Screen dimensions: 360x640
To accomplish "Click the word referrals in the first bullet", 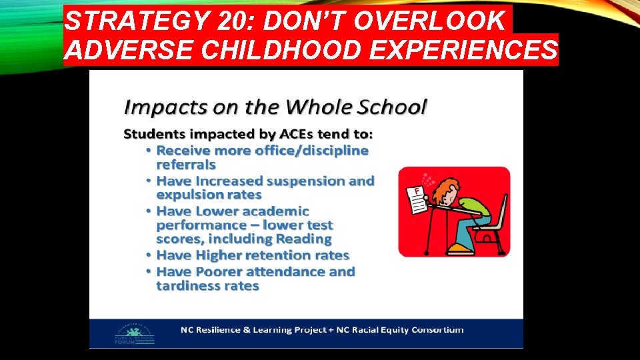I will (x=186, y=164).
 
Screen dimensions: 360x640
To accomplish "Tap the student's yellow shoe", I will (x=461, y=249).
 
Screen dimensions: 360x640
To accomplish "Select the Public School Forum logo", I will (x=135, y=333).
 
